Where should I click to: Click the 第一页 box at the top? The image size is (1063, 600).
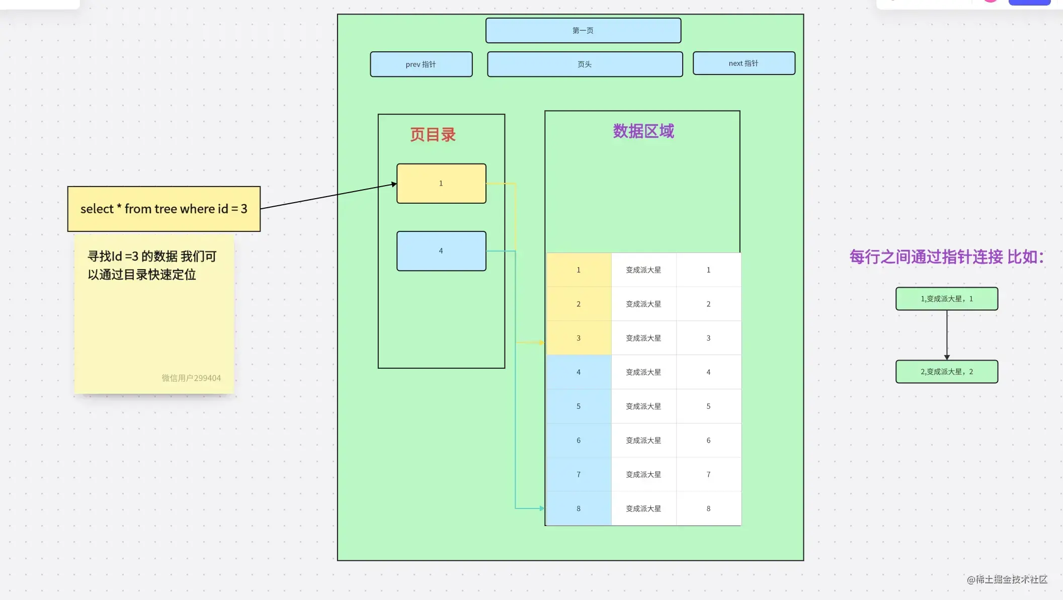click(x=583, y=31)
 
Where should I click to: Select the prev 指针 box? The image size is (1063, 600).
click(x=421, y=64)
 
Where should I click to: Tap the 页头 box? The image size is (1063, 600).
click(x=585, y=64)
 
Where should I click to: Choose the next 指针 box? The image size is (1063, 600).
click(x=744, y=63)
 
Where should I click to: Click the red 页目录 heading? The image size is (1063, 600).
click(x=433, y=135)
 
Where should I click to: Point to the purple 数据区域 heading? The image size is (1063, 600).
click(x=643, y=131)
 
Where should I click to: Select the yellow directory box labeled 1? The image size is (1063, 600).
click(x=441, y=184)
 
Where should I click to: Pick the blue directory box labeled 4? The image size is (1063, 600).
click(x=441, y=251)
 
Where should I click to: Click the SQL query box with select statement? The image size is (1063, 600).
click(x=164, y=209)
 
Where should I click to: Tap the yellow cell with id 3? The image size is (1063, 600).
click(x=579, y=338)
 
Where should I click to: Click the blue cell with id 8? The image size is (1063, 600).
click(x=579, y=508)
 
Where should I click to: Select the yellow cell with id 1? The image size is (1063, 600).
click(x=579, y=270)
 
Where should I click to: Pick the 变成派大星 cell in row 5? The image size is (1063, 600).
click(x=643, y=406)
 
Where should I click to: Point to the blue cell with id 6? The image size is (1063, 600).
click(x=579, y=441)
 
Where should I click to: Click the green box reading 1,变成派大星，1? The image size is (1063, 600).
click(x=946, y=299)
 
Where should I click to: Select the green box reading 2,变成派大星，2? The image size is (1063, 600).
click(x=946, y=372)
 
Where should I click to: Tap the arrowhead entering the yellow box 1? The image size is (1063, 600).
click(x=394, y=185)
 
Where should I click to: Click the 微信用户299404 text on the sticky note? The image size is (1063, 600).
click(x=191, y=378)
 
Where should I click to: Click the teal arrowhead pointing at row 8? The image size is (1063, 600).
click(x=542, y=508)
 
